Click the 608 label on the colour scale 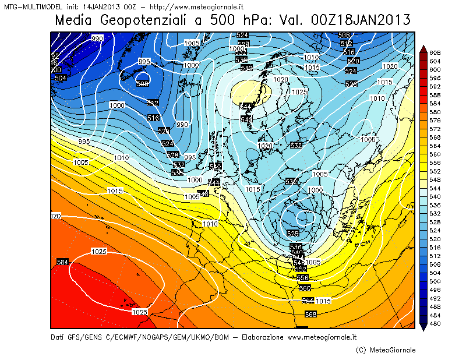click(435, 53)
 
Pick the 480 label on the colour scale click(435, 324)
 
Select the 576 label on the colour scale click(435, 121)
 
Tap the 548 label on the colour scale click(435, 180)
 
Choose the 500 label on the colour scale click(435, 281)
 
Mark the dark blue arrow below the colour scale click(423, 327)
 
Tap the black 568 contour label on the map click(310, 315)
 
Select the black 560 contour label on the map click(304, 288)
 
